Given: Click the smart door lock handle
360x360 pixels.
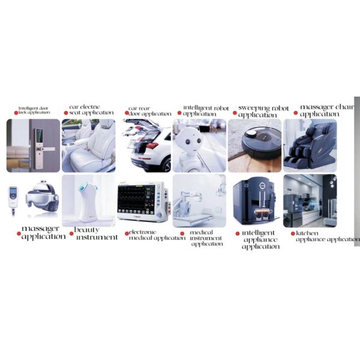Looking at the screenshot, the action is tap(48, 149).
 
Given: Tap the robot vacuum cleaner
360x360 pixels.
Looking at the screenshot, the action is tap(262, 143).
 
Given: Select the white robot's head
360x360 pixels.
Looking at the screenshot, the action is tap(190, 140).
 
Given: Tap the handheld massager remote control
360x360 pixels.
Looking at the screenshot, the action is tap(13, 198).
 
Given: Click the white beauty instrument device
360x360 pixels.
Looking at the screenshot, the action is tap(88, 202).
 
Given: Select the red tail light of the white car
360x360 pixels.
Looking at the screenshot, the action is tap(152, 145).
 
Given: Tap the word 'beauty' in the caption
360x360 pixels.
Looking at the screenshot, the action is tap(87, 230).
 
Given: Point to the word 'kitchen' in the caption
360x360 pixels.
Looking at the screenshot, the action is tap(307, 233).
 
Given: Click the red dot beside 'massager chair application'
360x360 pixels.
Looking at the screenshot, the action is tap(296, 113).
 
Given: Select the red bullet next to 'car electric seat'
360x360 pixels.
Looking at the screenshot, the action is tap(66, 113).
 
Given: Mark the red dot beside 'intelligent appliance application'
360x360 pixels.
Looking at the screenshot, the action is tap(238, 233).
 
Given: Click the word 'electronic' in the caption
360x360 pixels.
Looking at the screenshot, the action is tap(142, 232).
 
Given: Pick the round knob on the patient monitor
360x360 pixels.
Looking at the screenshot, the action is tap(159, 215).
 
